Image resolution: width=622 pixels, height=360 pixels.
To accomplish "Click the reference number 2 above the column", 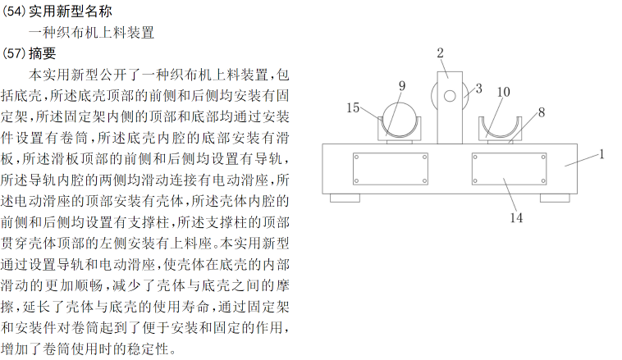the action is (440, 53).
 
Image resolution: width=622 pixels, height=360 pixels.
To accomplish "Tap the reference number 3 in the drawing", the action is (478, 87).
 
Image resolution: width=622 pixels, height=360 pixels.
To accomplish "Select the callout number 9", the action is (402, 85).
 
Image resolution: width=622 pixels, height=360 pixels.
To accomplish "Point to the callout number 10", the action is (503, 91).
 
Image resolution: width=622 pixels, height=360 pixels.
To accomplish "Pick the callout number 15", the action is (353, 107).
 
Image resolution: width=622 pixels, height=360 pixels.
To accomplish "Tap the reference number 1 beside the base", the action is (601, 153).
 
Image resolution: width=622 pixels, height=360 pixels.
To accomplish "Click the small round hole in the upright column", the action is (450, 97).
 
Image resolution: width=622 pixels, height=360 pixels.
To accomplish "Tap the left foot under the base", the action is (344, 197).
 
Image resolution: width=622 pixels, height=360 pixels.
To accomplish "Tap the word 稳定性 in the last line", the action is (153, 350).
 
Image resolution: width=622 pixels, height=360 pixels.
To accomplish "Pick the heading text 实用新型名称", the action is (70, 12).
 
